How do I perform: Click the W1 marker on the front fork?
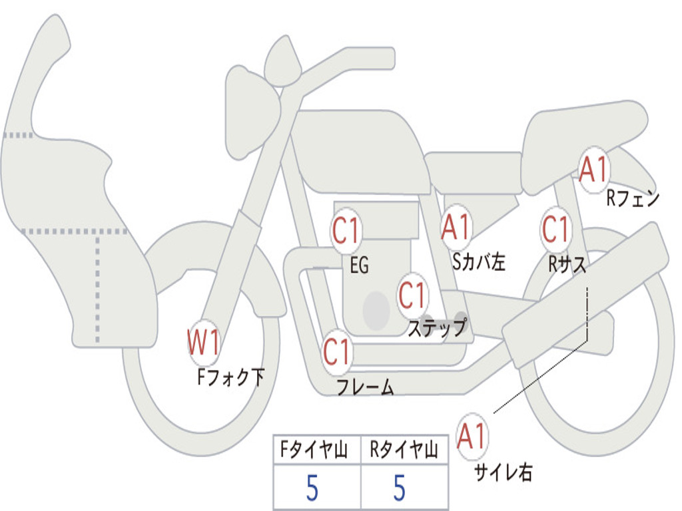pyautogui.click(x=204, y=343)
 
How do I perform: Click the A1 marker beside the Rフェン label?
pyautogui.click(x=593, y=170)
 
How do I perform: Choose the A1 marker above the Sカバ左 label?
pyautogui.click(x=457, y=226)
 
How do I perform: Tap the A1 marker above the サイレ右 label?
pyautogui.click(x=473, y=436)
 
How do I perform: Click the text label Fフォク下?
pyautogui.click(x=230, y=378)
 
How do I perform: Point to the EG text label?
pyautogui.click(x=359, y=266)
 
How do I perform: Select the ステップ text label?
pyautogui.click(x=437, y=328)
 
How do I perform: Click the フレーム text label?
pyautogui.click(x=365, y=387)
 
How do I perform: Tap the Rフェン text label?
pyautogui.click(x=632, y=198)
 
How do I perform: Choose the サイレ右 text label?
pyautogui.click(x=503, y=472)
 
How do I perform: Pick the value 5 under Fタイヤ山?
pyautogui.click(x=312, y=488)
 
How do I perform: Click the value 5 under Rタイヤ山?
pyautogui.click(x=399, y=488)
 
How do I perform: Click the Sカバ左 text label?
pyautogui.click(x=478, y=262)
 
